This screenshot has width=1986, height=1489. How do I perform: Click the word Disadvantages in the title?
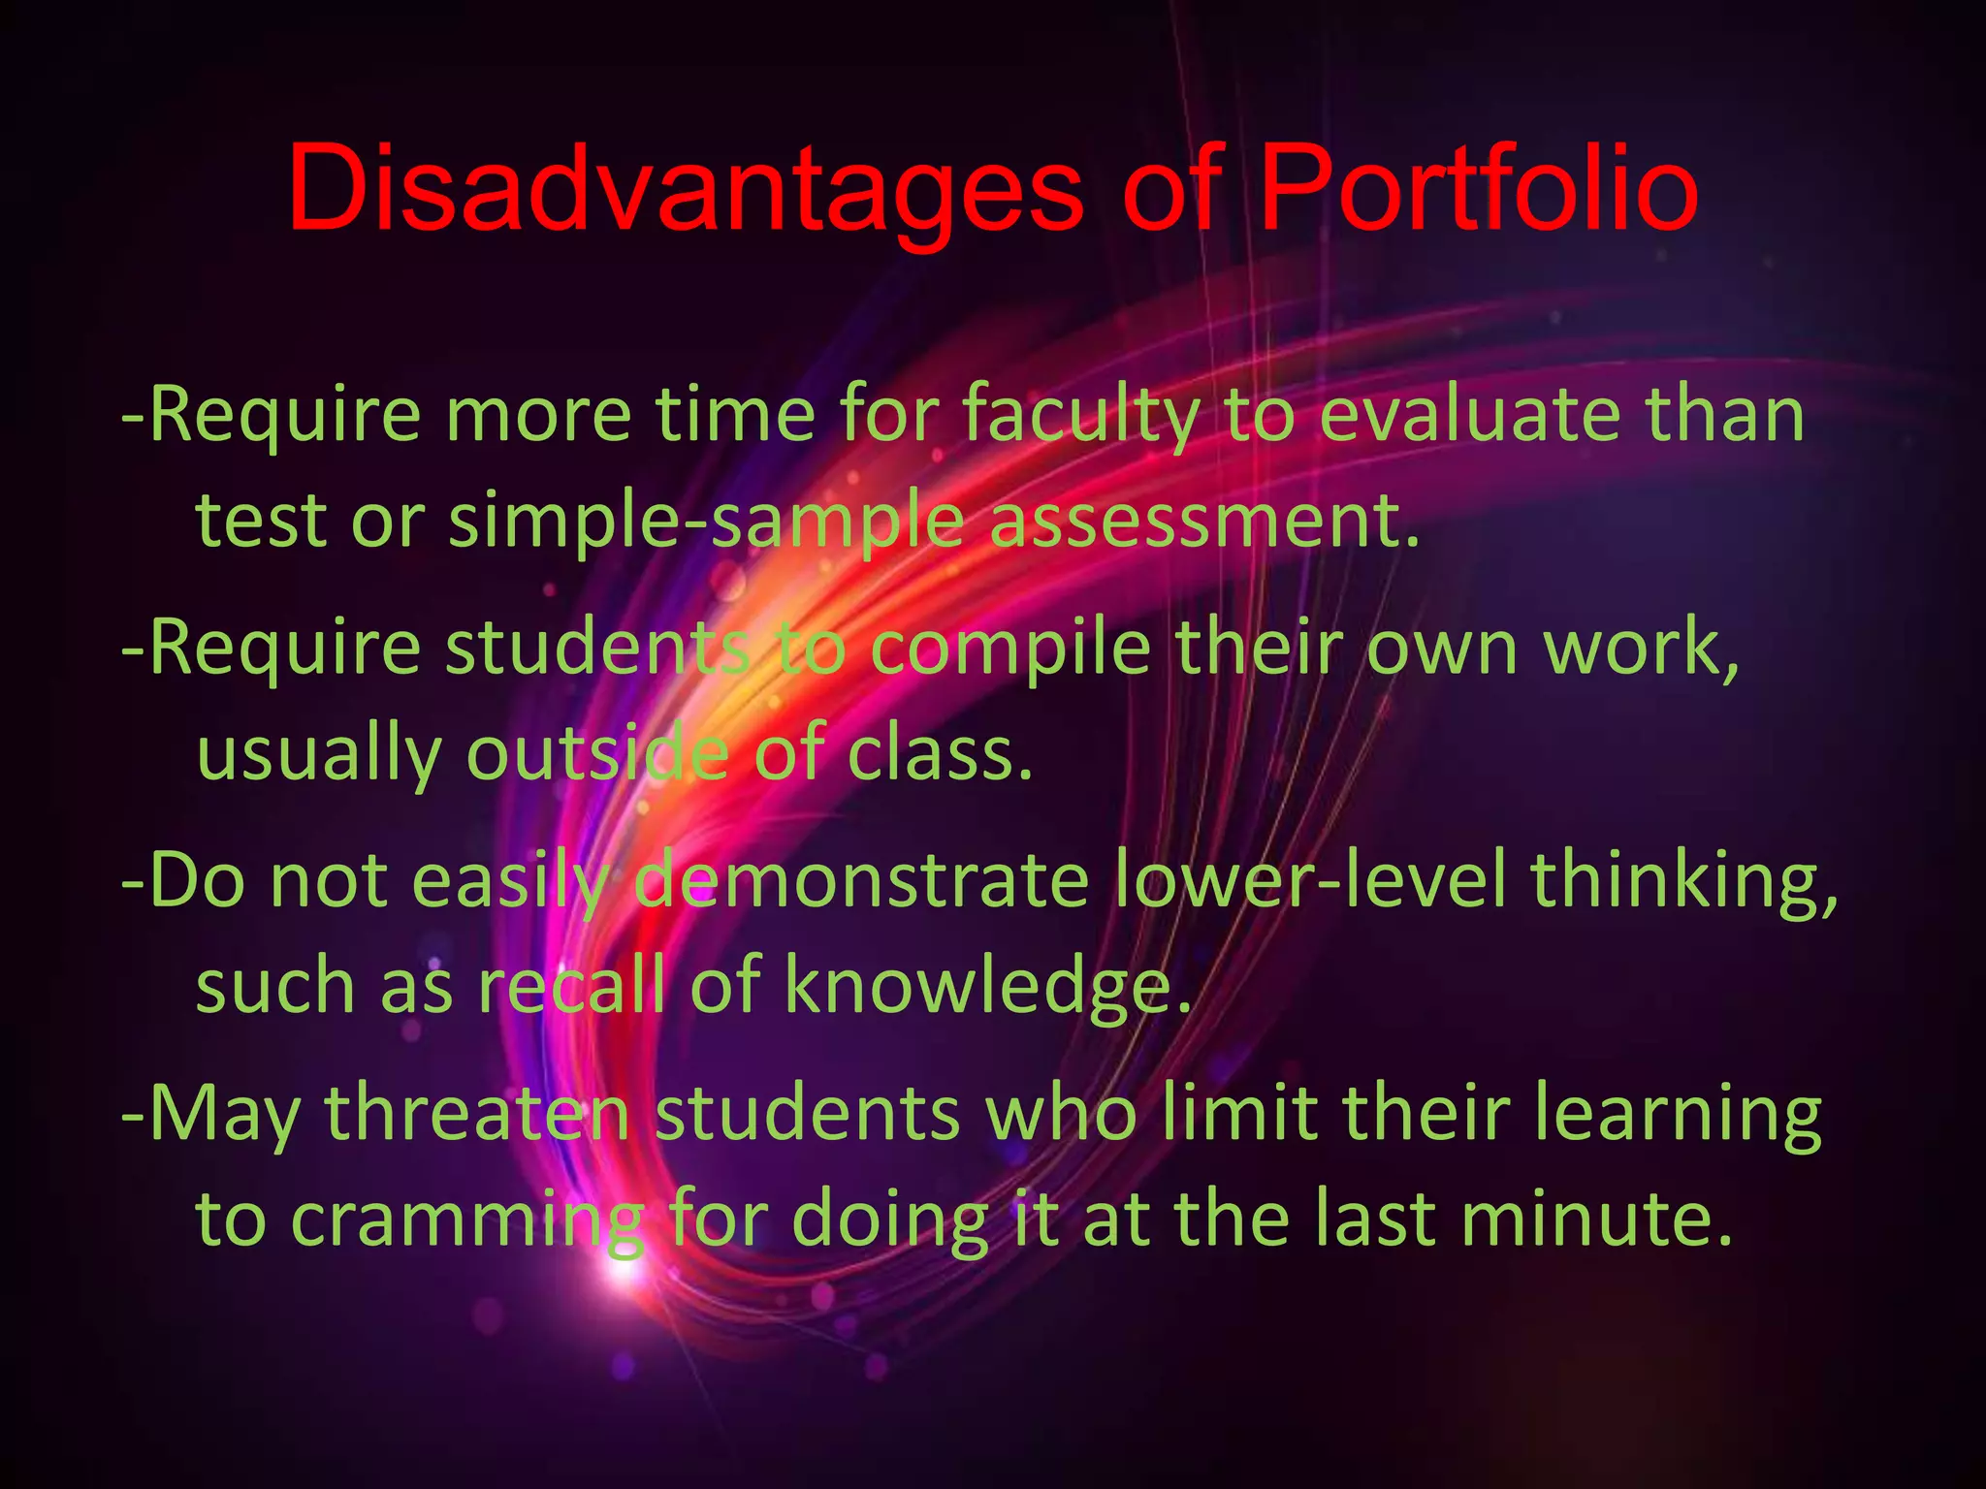[x=684, y=189]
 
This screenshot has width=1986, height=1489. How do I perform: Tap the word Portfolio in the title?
[x=1477, y=189]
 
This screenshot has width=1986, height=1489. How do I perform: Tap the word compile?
[x=1009, y=649]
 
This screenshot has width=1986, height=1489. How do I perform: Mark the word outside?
[x=597, y=753]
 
